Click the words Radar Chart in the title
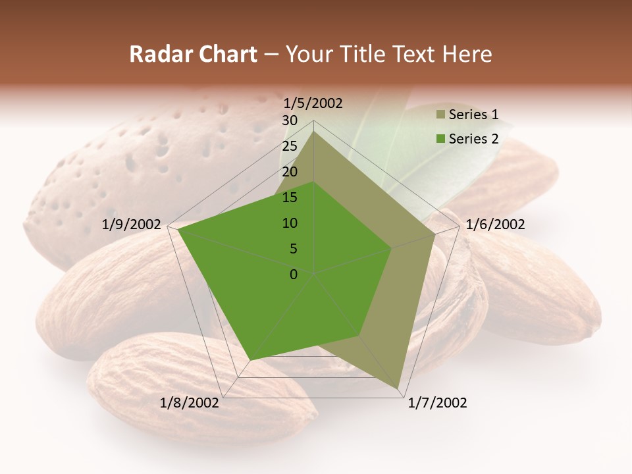pos(193,54)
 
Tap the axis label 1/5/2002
pos(313,103)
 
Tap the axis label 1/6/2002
pos(495,224)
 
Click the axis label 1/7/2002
pos(437,403)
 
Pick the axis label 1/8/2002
pos(190,403)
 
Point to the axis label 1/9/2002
pos(132,224)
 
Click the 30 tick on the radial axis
pos(290,120)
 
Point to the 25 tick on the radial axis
pos(290,146)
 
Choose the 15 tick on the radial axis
pos(290,197)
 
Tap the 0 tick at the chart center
pos(294,275)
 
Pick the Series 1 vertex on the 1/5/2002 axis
pos(313,131)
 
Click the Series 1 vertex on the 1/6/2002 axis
pos(434,234)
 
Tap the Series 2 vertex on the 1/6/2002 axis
pos(391,249)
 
